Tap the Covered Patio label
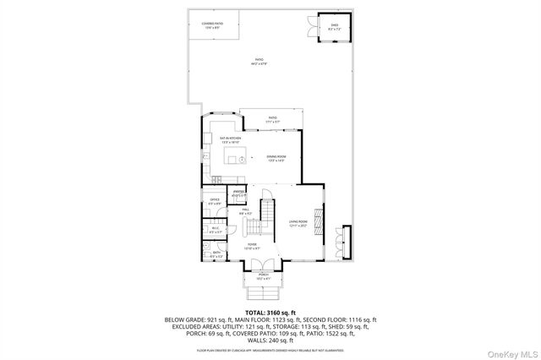(211, 26)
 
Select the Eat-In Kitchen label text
(231, 139)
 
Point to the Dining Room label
(276, 157)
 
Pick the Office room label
(215, 201)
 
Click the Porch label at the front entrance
(263, 275)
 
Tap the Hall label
(245, 211)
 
